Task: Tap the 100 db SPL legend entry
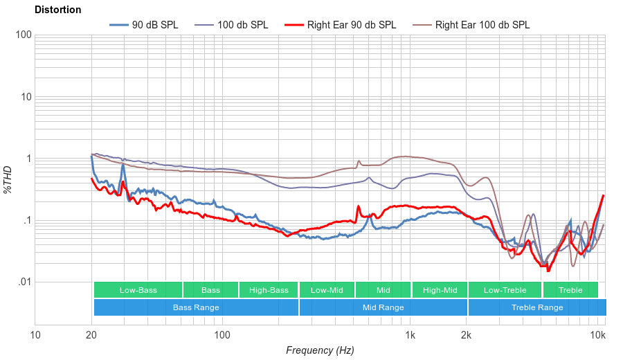click(x=242, y=25)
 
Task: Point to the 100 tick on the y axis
click(x=24, y=35)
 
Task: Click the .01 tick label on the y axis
click(x=24, y=282)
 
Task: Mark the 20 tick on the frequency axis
click(x=91, y=336)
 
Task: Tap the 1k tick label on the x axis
click(x=410, y=336)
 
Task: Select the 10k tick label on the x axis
click(x=597, y=336)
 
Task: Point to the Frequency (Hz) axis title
click(x=320, y=350)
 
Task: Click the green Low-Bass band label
click(x=138, y=290)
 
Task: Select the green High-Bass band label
click(x=269, y=290)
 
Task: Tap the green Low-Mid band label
click(x=327, y=290)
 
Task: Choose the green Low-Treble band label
click(x=505, y=290)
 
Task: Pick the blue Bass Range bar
click(x=196, y=307)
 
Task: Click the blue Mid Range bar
click(x=383, y=307)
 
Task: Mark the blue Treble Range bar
click(x=536, y=307)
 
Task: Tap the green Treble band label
click(x=570, y=290)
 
